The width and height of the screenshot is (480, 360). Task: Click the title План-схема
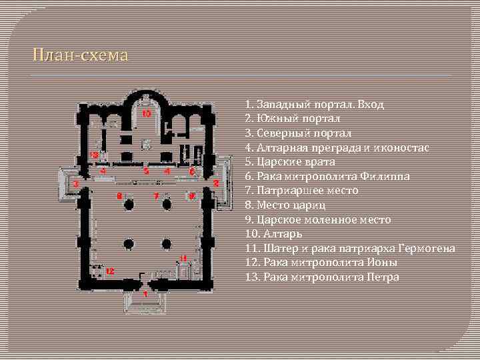tap(81, 55)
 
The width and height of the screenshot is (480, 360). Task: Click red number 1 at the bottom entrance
tap(145, 293)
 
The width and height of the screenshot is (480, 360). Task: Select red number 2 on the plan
tap(216, 183)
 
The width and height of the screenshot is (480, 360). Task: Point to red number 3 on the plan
tap(77, 183)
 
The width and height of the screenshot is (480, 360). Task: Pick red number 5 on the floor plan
tap(145, 171)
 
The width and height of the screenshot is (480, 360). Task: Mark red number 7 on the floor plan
tap(156, 196)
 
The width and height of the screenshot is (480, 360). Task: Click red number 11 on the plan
tap(183, 257)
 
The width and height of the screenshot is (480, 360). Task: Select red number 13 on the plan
tap(94, 155)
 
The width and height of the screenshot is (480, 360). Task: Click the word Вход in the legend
tap(371, 105)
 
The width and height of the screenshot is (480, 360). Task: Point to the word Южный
tap(276, 118)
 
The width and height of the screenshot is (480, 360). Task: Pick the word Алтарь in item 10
tap(285, 234)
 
